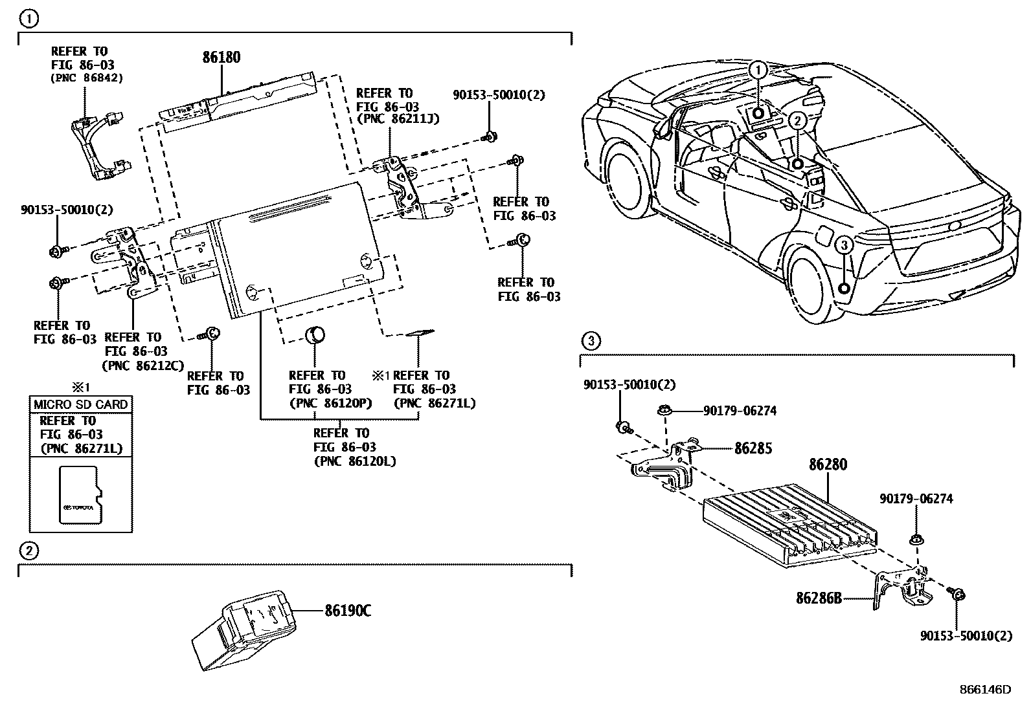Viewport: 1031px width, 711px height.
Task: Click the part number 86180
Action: (x=221, y=58)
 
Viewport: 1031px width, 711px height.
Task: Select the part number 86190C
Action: (x=347, y=610)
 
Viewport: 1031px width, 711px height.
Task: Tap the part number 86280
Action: (x=827, y=465)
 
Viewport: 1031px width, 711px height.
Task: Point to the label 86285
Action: (x=753, y=448)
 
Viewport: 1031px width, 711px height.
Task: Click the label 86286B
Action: (x=819, y=598)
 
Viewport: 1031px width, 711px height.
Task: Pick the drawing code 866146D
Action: (x=984, y=690)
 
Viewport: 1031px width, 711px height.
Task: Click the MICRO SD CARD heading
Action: (x=81, y=404)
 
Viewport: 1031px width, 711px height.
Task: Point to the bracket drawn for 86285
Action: (x=667, y=466)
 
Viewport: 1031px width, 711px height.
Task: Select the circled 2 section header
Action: (x=28, y=551)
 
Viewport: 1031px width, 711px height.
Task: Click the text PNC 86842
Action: (x=86, y=78)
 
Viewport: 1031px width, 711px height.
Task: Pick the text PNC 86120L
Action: (x=354, y=461)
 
